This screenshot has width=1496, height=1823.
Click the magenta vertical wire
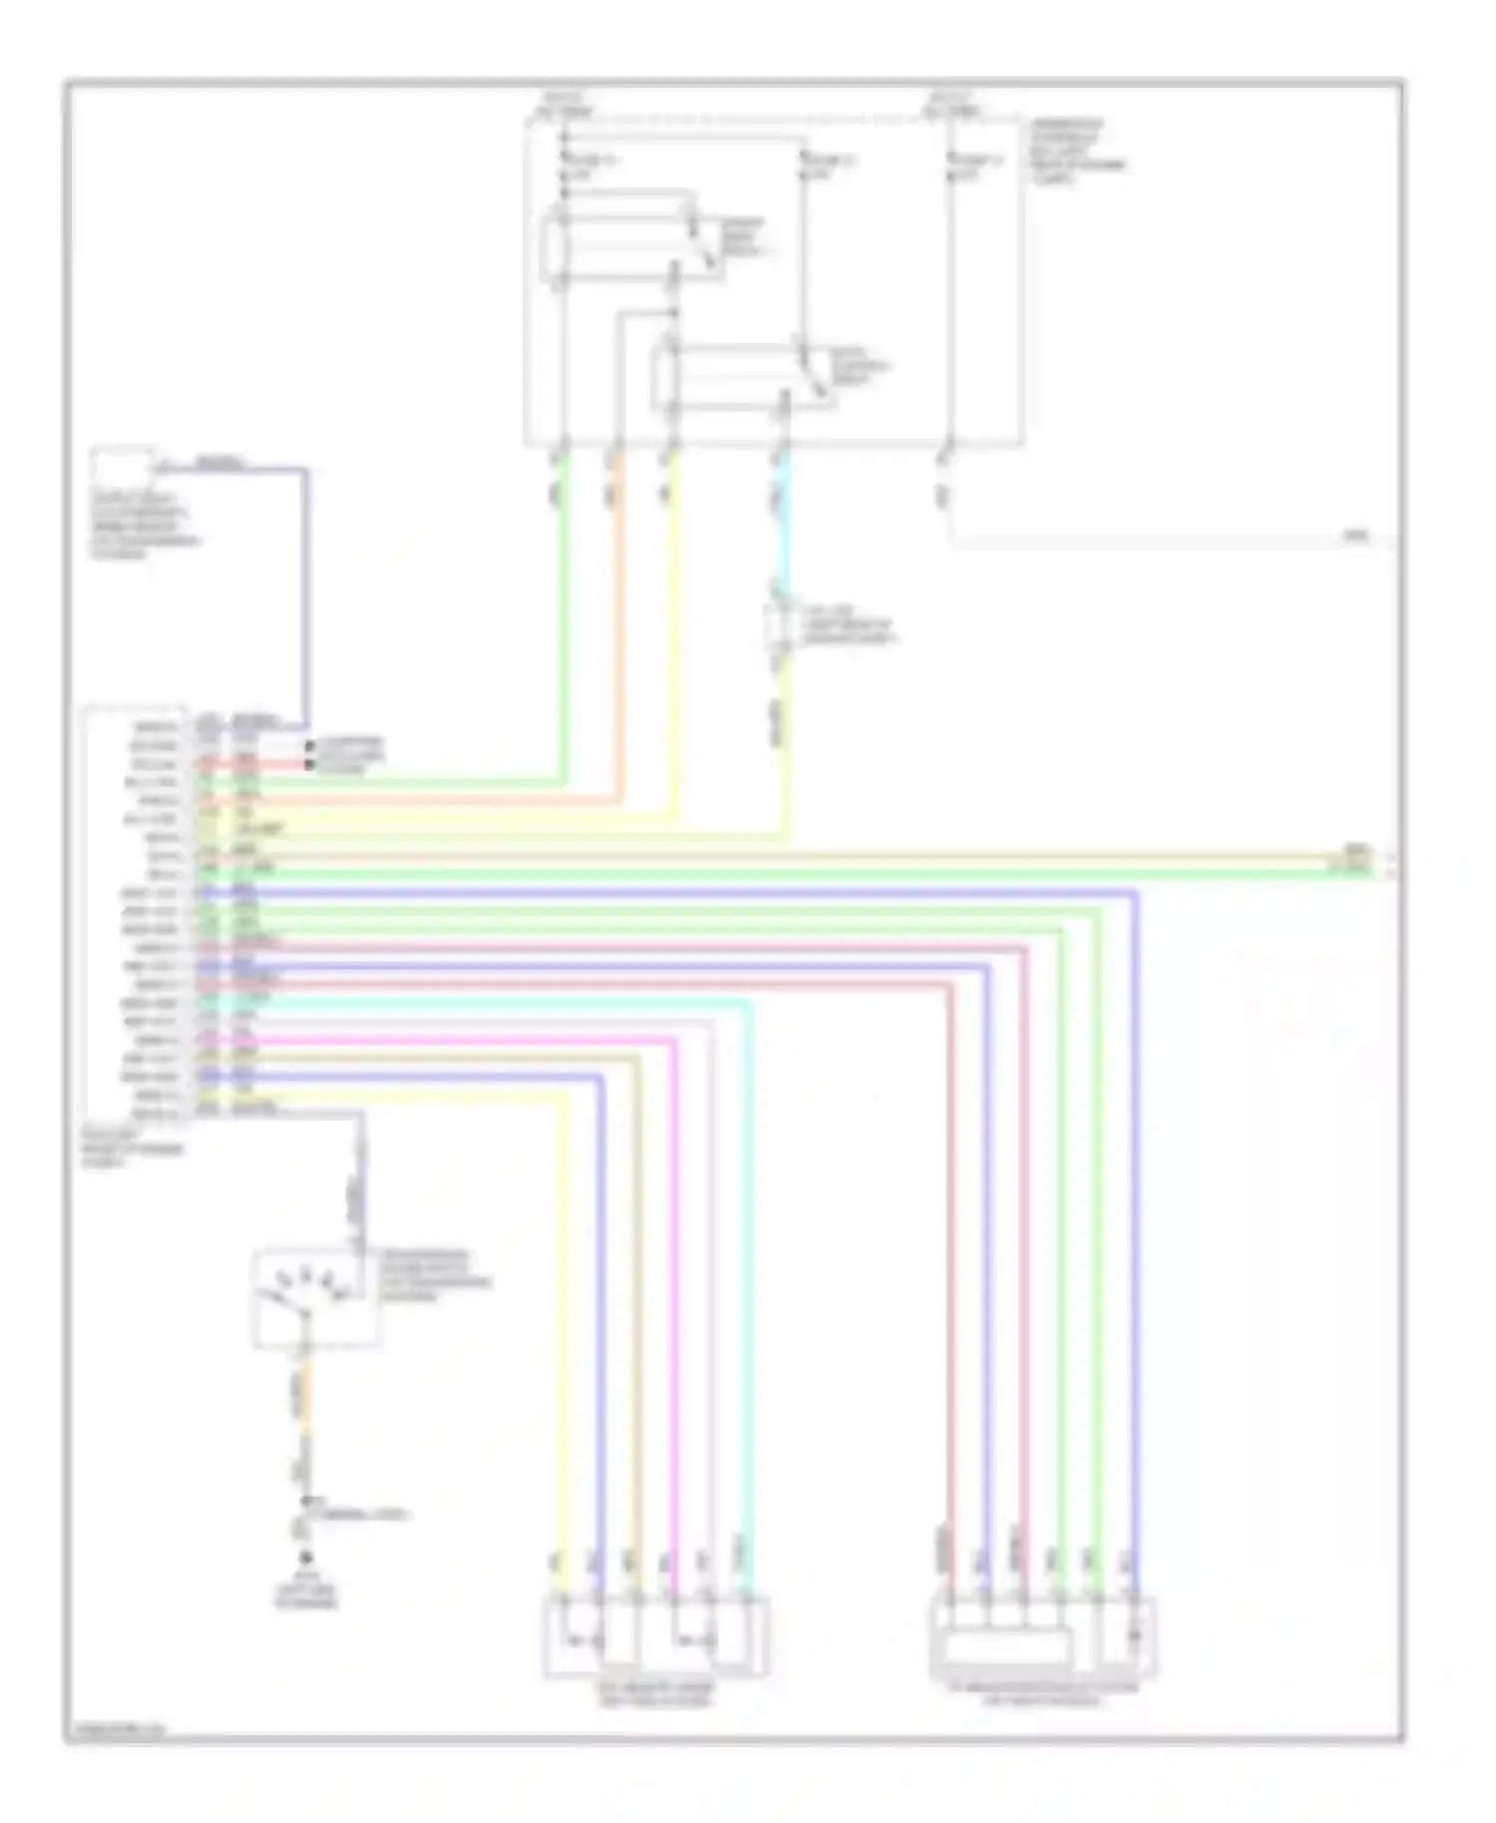click(675, 1296)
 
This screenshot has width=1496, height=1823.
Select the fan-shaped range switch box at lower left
click(315, 1296)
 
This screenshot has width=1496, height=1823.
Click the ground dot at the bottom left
click(306, 1558)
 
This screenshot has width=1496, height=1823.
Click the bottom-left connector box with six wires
click(655, 1638)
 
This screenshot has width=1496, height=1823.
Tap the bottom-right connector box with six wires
click(1042, 1638)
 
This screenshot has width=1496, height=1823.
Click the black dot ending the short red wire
click(310, 764)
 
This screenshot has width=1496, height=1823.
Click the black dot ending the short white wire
click(310, 746)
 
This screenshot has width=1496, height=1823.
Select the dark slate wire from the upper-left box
click(305, 598)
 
